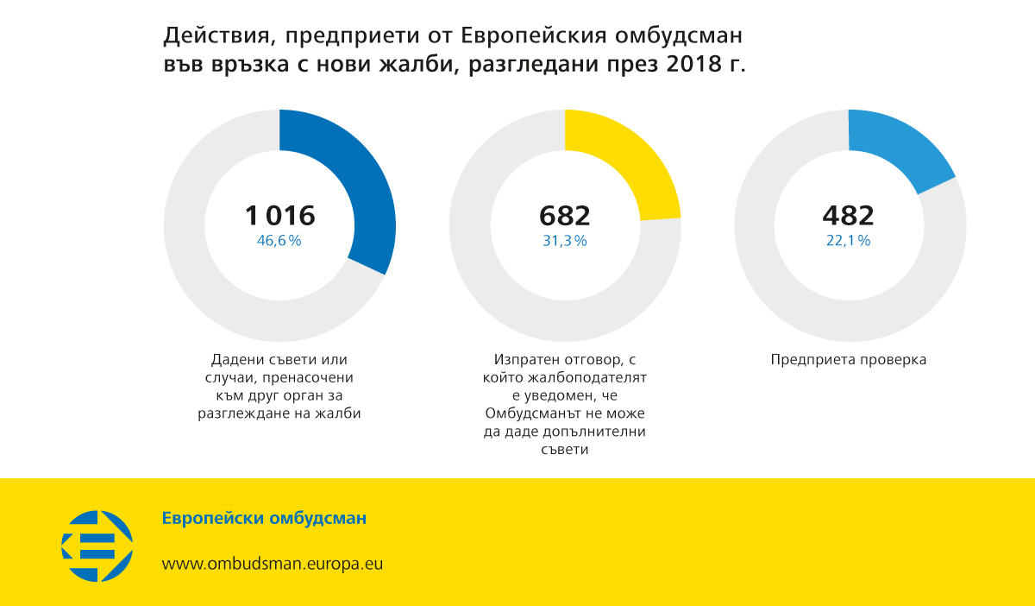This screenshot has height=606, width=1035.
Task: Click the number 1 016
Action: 279,215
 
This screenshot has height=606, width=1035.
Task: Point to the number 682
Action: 565,215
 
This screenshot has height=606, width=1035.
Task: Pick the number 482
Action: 848,215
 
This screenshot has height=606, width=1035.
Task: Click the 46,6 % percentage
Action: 279,241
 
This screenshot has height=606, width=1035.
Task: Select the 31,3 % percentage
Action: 565,241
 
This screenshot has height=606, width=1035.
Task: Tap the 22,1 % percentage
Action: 848,241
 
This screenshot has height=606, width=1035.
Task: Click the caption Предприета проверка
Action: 848,360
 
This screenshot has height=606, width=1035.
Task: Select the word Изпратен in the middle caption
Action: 524,360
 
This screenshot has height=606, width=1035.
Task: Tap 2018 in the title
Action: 693,66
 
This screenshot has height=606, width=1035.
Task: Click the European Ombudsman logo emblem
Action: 97,546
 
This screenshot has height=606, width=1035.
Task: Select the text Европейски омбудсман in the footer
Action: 264,519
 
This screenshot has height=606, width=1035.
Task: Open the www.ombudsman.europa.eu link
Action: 273,564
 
